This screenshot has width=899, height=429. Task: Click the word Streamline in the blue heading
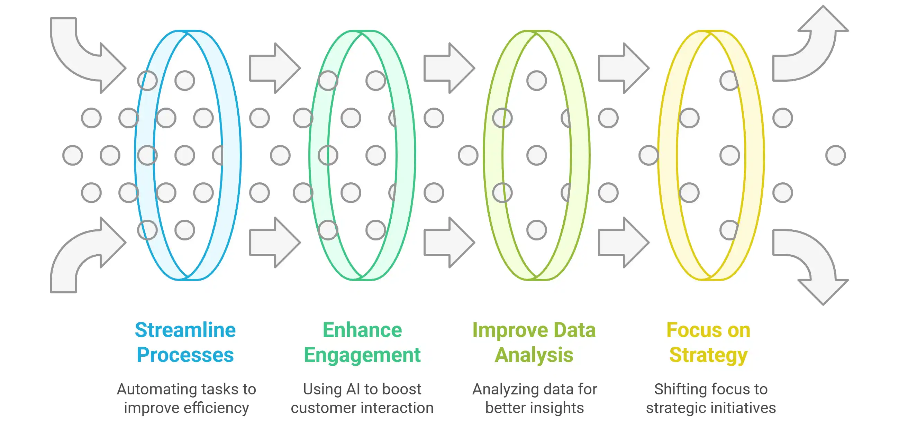point(185,330)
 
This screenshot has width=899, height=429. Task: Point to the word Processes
point(185,355)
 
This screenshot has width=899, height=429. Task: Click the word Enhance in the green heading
point(362,330)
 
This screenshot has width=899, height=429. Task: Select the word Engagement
point(362,355)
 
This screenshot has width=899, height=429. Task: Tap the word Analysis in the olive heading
point(534,355)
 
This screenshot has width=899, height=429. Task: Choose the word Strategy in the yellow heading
point(708,355)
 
